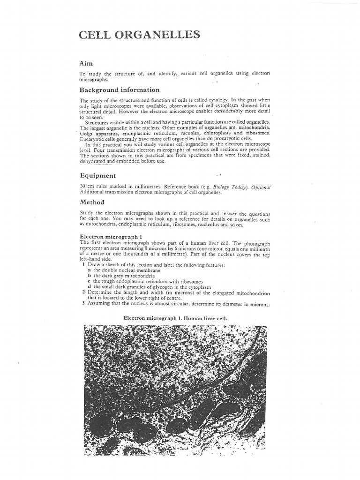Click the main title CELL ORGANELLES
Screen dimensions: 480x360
[139, 35]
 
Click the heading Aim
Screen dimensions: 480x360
[86, 63]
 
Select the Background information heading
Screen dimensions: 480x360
[119, 90]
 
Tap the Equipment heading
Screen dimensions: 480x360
[98, 175]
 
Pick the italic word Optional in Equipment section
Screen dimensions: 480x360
[261, 187]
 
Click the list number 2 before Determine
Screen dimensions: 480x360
[83, 292]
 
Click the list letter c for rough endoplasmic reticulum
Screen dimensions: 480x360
[89, 281]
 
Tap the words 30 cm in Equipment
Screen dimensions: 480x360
[86, 187]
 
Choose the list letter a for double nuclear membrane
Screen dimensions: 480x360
[89, 270]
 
